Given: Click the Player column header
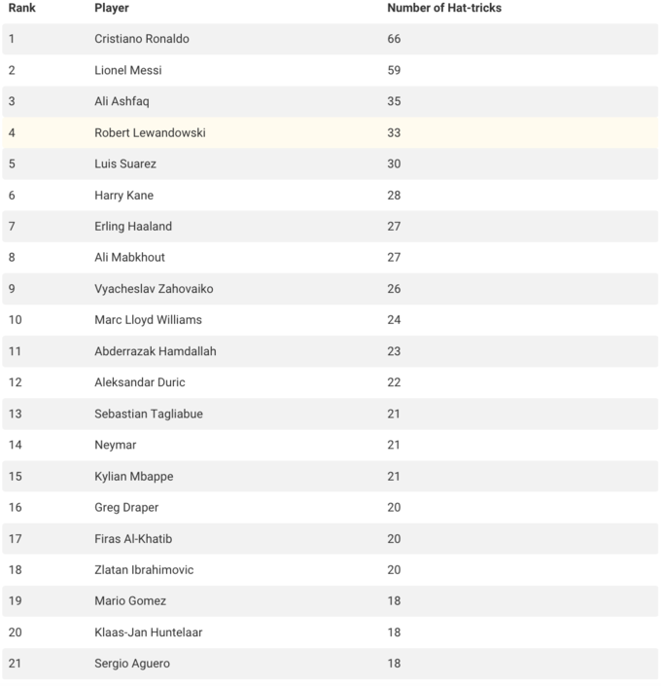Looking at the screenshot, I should click(x=112, y=8).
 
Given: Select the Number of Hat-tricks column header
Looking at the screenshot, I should click(x=444, y=8).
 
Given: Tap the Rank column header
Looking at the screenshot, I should click(x=22, y=8).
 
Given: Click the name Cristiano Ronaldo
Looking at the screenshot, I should click(x=142, y=39).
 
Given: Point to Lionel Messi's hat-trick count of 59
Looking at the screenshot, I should click(x=394, y=70).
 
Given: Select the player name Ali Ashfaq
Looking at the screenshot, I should click(x=122, y=101).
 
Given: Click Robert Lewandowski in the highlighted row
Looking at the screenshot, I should click(x=150, y=132).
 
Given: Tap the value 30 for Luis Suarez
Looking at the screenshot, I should click(x=394, y=163).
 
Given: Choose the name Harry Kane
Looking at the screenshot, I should click(x=124, y=196).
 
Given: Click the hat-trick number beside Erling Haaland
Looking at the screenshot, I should click(x=394, y=227).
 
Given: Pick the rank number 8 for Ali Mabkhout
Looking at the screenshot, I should click(x=12, y=258).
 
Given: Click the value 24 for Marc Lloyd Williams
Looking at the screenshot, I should click(x=394, y=320).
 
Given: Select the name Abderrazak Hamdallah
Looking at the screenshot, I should click(x=156, y=351).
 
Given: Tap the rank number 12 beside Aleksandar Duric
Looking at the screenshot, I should click(x=15, y=382).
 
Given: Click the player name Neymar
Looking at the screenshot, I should click(x=116, y=445).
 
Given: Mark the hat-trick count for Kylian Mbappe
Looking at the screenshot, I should click(x=394, y=476).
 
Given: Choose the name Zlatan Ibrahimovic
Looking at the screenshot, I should click(x=144, y=569).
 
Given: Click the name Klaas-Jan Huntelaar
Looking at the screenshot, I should click(x=149, y=632).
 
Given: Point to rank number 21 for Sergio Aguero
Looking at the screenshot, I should click(x=15, y=664).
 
